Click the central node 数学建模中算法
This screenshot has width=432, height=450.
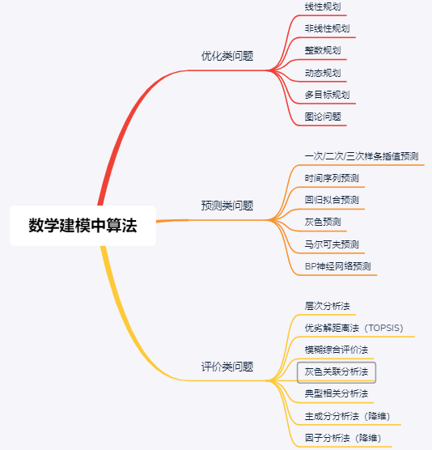click(x=83, y=225)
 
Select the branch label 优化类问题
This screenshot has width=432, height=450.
click(x=227, y=56)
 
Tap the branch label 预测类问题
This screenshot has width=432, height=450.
click(x=227, y=206)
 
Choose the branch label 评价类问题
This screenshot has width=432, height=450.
click(x=227, y=367)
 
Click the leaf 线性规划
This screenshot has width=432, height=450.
click(x=323, y=6)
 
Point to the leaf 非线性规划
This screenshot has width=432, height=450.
click(x=328, y=28)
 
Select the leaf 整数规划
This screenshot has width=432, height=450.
click(x=323, y=50)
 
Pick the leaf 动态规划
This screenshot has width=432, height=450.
click(x=323, y=73)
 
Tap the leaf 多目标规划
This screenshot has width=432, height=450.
click(x=328, y=95)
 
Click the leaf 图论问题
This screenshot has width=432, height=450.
click(x=323, y=117)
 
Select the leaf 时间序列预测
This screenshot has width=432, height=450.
click(x=332, y=178)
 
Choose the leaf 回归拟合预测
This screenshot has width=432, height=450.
click(x=332, y=200)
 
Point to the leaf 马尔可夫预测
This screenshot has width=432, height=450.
click(x=332, y=244)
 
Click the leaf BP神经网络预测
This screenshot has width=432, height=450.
click(x=338, y=266)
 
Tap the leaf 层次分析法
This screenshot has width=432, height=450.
click(x=328, y=306)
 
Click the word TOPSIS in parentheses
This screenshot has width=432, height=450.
click(x=384, y=328)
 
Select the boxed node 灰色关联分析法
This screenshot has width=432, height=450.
click(x=337, y=372)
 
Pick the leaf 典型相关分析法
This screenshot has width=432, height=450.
click(x=337, y=393)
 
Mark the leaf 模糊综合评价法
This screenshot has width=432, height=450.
click(x=337, y=350)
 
